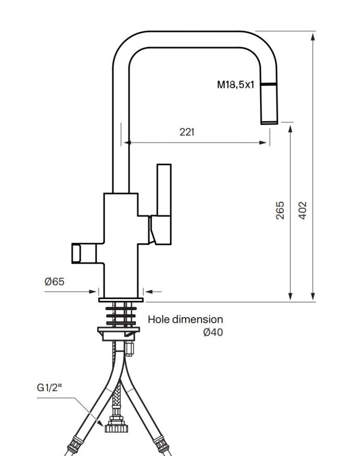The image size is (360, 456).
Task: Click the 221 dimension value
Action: coord(187,132)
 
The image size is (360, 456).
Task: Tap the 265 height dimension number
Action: coord(280,210)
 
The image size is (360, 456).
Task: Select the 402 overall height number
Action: coord(303,210)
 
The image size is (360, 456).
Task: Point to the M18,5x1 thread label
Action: coord(236,85)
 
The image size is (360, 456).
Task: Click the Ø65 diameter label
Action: coord(54,281)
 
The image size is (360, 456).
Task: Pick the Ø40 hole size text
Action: coord(213,332)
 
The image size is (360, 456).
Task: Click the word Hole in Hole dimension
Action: coord(159,320)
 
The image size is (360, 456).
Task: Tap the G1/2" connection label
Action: coord(50,387)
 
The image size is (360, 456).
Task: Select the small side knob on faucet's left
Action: coord(84,254)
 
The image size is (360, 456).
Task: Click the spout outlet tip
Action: coord(269,122)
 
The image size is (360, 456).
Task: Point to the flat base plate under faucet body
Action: coord(121,300)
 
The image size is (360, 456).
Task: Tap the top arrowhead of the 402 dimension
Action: coord(313,37)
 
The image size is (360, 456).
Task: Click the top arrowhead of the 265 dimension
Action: coord(291,128)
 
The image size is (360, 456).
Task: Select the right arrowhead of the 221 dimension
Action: coord(263,142)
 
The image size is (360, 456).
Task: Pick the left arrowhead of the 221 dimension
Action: coord(127,142)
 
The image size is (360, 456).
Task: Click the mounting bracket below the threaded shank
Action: coord(119,333)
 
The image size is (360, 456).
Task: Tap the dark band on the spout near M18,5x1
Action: coord(269,84)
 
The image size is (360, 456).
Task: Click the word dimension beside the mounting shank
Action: coord(198,320)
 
